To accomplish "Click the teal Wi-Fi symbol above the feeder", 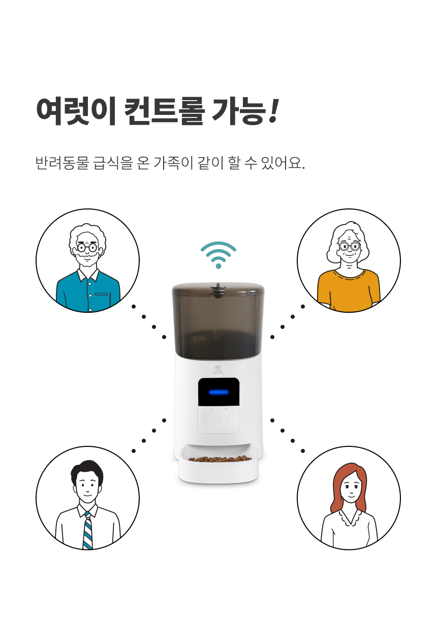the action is [218, 255].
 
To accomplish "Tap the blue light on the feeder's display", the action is [218, 392].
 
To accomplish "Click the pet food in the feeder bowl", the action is [220, 459].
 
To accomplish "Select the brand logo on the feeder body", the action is [218, 370].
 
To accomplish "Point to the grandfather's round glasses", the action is [87, 248].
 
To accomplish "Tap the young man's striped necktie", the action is [87, 530].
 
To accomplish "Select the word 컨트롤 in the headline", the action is [164, 111].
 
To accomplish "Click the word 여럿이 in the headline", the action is [76, 111].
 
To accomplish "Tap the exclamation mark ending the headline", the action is [274, 111].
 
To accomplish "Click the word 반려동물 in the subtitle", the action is [63, 163].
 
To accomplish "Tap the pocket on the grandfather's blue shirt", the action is [101, 294].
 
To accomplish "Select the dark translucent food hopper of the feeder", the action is [218, 321].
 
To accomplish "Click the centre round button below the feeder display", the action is [218, 418].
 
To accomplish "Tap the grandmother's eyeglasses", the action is [350, 246].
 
